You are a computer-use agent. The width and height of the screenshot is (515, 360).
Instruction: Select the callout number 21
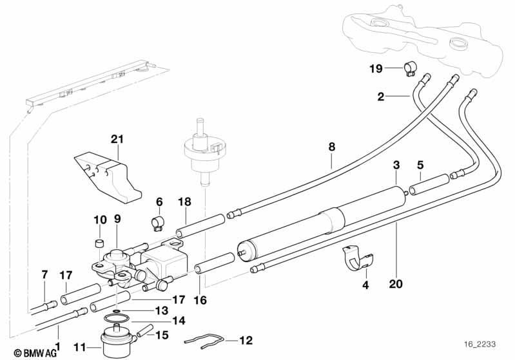117,139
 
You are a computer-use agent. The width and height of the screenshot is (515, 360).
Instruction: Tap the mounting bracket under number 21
108,176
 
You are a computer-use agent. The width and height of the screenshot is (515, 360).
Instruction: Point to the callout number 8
332,147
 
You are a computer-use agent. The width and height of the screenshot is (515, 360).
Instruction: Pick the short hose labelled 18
200,225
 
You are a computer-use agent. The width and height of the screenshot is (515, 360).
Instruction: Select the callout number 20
396,283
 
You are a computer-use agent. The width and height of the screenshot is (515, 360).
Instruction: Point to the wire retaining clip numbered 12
204,341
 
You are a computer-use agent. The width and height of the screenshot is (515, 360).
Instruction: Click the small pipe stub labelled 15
145,330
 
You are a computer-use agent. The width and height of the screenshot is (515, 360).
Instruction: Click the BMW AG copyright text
35,353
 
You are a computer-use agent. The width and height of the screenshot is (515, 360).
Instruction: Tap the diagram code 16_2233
480,345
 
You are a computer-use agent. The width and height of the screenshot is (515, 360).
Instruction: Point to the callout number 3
396,165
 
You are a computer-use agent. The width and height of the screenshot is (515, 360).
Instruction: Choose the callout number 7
44,275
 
